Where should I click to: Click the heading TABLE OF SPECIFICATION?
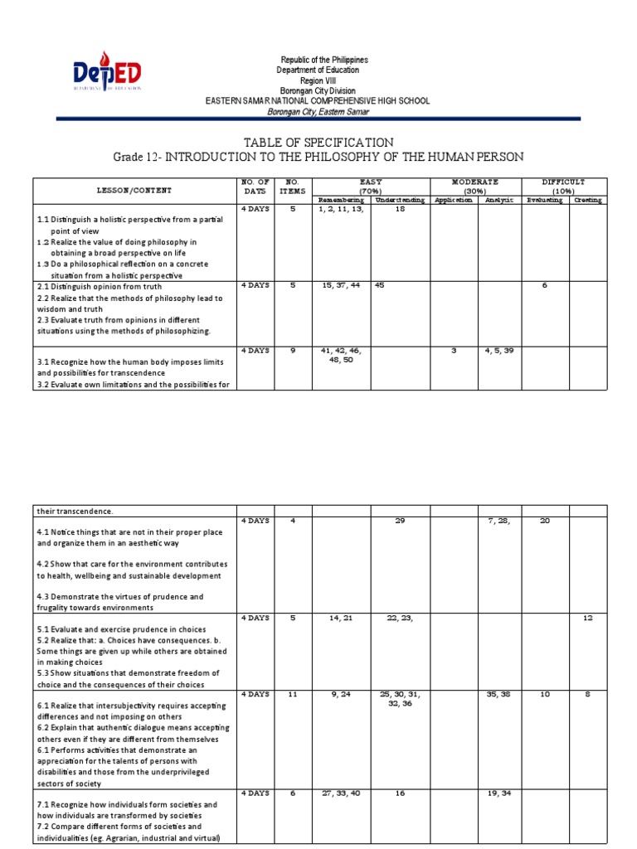pos(318,143)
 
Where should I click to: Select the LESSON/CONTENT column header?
pos(135,190)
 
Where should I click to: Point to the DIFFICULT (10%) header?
pos(563,186)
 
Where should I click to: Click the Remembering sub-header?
pos(340,200)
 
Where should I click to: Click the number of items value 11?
pos(292,694)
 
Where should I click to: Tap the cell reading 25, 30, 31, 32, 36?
pos(400,699)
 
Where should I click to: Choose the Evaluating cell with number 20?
pos(544,521)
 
